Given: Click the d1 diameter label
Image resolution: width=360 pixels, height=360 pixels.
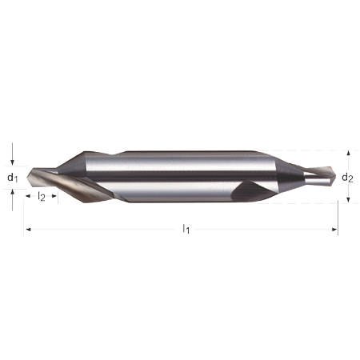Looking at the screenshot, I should click(11, 177).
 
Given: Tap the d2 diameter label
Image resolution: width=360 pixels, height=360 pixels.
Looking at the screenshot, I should click(347, 177).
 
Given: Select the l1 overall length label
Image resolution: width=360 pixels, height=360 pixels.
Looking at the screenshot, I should click(186, 230).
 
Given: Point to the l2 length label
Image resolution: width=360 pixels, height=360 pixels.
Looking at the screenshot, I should click(42, 196).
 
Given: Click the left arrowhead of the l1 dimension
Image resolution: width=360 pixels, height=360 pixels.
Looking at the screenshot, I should click(30, 230).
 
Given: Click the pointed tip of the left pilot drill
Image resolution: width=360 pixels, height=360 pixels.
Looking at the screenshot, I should click(29, 178).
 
